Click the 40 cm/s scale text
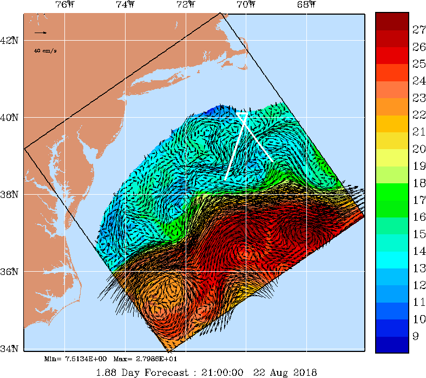[x=45, y=50]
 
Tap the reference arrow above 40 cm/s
[x=41, y=33]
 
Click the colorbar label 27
[x=404, y=29]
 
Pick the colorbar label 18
[x=404, y=183]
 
